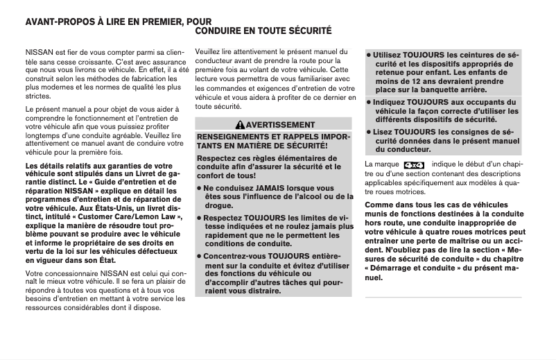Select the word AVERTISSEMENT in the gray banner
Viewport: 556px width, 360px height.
point(277,124)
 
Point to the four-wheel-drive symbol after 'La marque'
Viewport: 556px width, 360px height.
point(413,164)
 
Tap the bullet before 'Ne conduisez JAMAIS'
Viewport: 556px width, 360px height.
point(200,188)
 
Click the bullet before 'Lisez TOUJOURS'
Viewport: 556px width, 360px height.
point(368,132)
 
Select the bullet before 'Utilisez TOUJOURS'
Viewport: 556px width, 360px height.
point(368,55)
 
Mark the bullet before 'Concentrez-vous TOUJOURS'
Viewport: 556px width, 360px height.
point(200,256)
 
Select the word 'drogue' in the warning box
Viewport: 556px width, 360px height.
point(219,206)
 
